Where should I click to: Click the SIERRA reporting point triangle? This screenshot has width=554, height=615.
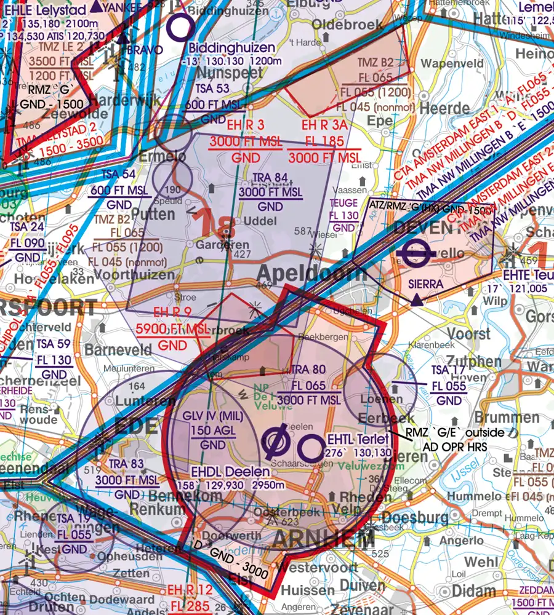(417, 300)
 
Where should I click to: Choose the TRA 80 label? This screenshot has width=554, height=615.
(307, 371)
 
